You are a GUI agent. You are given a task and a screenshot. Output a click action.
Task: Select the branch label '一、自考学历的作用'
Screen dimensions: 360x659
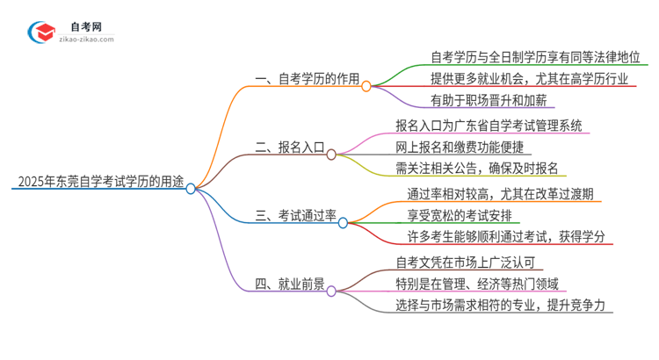pyautogui.click(x=308, y=79)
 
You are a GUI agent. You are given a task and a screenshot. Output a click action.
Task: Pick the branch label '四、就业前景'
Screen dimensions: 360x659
pyautogui.click(x=290, y=284)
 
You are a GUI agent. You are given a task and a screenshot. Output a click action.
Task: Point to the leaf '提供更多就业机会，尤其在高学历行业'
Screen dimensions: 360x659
pyautogui.click(x=530, y=79)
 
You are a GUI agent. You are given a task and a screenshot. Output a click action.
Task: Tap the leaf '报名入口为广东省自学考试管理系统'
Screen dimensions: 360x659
pyautogui.click(x=489, y=126)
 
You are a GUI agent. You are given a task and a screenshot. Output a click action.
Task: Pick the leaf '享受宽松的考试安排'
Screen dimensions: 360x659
pyautogui.click(x=467, y=216)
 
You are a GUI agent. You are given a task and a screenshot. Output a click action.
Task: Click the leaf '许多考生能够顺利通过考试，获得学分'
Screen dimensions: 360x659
pyautogui.click(x=510, y=237)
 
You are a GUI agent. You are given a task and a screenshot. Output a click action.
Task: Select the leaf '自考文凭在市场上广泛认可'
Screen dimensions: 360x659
pyautogui.click(x=470, y=262)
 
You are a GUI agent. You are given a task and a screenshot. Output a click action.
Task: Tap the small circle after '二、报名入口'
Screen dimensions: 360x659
pyautogui.click(x=331, y=155)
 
